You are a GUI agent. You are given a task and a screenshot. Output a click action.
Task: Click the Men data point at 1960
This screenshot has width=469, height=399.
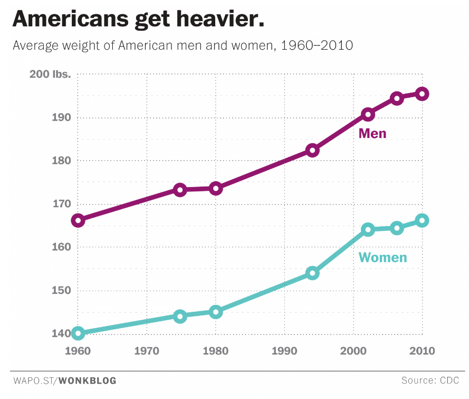click(78, 220)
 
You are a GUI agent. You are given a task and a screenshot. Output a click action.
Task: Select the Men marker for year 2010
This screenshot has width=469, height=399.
click(422, 94)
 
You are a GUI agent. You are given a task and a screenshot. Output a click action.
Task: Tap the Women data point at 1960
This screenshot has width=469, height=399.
click(78, 333)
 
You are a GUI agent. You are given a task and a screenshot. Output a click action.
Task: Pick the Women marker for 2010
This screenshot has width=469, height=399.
click(422, 220)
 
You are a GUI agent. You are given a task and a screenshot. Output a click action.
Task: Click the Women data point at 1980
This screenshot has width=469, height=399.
click(215, 312)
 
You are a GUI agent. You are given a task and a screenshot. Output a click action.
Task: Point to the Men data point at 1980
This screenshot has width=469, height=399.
click(215, 188)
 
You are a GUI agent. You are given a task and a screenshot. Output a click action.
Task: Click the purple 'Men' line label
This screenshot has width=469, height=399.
click(372, 134)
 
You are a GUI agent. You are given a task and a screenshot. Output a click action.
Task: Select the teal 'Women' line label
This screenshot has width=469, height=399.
click(382, 258)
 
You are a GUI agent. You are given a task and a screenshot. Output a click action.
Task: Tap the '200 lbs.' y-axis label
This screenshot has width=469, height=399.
click(50, 75)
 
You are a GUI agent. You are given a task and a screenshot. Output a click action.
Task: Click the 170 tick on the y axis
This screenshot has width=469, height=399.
click(62, 204)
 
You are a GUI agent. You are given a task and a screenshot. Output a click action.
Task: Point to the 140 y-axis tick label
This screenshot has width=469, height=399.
click(62, 333)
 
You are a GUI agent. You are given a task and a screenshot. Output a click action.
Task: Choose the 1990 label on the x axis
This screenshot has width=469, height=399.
click(284, 351)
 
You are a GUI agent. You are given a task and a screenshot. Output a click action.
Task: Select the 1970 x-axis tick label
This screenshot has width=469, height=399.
click(147, 351)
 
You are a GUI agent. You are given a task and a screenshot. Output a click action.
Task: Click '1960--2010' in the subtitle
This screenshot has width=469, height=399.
click(317, 45)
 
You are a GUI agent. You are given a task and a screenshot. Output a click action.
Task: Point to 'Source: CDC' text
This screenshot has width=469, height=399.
click(429, 381)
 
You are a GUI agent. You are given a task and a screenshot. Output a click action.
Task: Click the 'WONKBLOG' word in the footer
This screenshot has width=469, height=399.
click(88, 381)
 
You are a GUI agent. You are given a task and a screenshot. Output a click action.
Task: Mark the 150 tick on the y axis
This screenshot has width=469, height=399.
click(62, 290)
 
